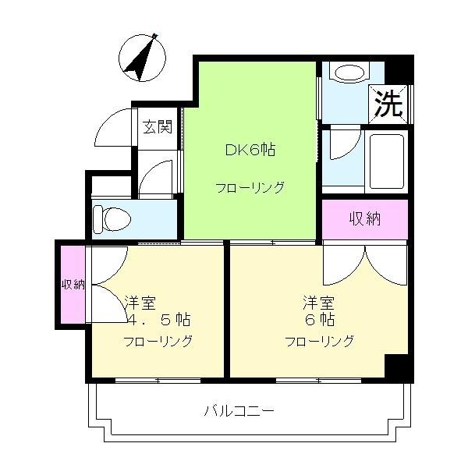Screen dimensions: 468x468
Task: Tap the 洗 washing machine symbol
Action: (388, 104)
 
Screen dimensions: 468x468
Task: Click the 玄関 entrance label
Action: (158, 127)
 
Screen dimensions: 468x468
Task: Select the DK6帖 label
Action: (250, 150)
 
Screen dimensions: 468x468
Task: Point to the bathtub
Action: (387, 161)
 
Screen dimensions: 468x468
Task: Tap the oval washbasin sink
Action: (349, 73)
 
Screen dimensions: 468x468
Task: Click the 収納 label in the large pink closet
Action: (365, 219)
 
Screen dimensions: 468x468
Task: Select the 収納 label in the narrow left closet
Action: (73, 285)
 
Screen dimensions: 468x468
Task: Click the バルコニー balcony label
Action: (239, 411)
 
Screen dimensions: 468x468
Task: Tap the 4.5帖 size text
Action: (159, 320)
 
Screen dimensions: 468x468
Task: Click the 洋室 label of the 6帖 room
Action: (319, 303)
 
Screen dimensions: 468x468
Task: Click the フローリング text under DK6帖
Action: (250, 188)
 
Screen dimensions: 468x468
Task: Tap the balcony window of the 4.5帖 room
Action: (158, 381)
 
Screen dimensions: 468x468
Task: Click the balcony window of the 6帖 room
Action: (318, 381)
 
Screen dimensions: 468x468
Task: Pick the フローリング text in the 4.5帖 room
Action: (158, 341)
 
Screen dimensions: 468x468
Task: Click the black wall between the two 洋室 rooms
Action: (227, 310)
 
